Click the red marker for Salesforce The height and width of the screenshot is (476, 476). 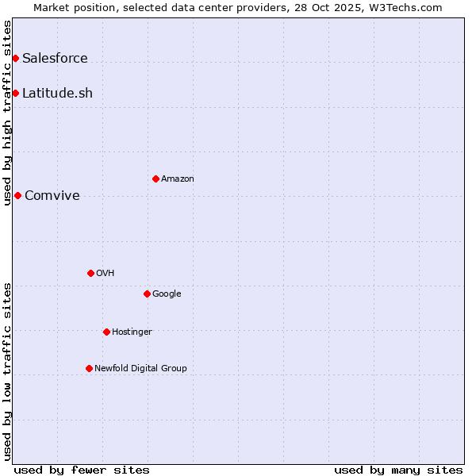(15, 58)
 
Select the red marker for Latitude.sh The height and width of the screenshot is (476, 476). (15, 93)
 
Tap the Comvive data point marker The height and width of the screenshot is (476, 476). (17, 195)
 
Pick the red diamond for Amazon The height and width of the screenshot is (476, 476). (155, 178)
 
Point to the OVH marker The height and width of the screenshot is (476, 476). (90, 273)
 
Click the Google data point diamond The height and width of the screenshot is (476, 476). (147, 294)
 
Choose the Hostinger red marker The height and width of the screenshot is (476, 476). (106, 332)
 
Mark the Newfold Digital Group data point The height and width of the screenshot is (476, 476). (89, 368)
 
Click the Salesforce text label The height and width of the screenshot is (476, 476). (55, 58)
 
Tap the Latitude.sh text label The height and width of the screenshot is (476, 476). (57, 93)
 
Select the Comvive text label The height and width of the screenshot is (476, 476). (52, 195)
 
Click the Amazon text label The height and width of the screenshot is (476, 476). (178, 178)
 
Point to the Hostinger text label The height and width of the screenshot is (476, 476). (132, 332)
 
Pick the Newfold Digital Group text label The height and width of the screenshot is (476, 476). (140, 368)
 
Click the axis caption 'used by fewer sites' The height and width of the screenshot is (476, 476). (82, 470)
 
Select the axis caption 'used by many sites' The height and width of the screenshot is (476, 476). (398, 470)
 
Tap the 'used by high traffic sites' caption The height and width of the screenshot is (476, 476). (7, 113)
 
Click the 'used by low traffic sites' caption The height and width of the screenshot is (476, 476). (7, 371)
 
